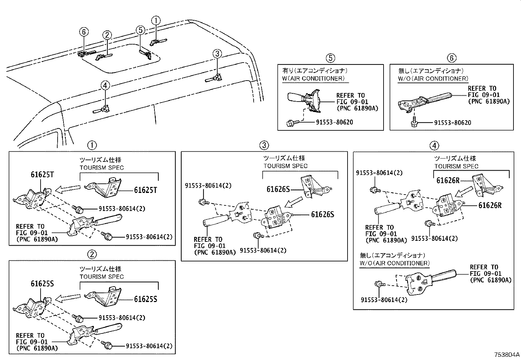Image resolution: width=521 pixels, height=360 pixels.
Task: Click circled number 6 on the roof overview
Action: coord(84,32)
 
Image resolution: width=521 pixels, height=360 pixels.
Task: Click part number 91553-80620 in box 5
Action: coord(334,122)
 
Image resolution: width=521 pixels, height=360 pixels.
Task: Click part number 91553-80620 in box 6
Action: coord(453,123)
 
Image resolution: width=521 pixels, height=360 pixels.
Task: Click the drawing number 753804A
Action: coord(507,355)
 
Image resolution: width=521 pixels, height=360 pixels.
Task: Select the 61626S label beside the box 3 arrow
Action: coord(278,189)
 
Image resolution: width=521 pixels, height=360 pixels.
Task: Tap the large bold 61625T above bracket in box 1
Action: coord(42,174)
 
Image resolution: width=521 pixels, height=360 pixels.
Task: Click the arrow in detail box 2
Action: coord(68,297)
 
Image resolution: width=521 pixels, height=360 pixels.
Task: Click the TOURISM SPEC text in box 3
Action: coord(285,166)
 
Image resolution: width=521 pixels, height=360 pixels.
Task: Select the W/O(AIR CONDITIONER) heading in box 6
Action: coord(433,79)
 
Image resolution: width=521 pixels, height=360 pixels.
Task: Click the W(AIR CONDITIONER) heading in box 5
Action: coord(313,79)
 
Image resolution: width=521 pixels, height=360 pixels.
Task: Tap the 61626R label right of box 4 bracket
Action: coord(490,205)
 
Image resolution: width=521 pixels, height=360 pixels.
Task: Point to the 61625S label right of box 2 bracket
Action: coord(145,299)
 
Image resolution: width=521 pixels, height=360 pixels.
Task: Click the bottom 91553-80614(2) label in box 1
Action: coord(149,237)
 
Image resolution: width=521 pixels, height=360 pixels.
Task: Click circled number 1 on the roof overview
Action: coord(156,20)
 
